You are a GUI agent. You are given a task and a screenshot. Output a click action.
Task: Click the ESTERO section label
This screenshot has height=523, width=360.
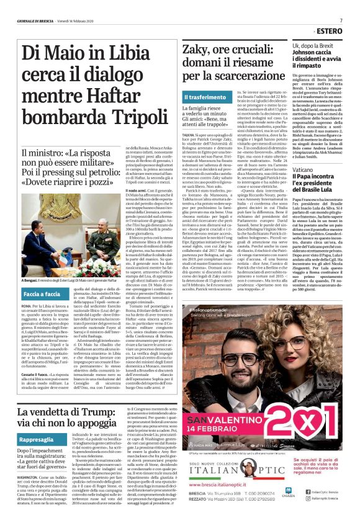click(x=340, y=29)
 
